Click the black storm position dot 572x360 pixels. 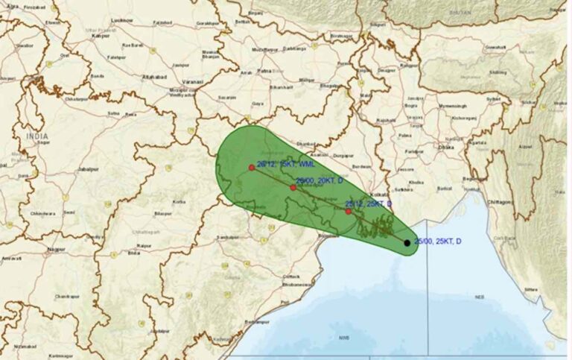(407, 242)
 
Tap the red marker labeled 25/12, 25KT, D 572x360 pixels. (348, 211)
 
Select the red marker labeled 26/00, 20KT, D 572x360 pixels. (293, 187)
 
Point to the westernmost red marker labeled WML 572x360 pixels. (252, 168)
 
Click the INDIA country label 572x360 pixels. (36, 136)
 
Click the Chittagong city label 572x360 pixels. (500, 201)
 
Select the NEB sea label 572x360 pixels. (480, 296)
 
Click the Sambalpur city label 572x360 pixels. (227, 237)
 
